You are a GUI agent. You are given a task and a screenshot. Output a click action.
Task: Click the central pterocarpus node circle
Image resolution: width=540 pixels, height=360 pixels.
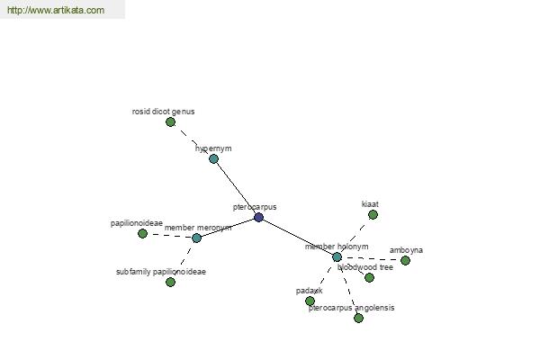pyautogui.click(x=259, y=217)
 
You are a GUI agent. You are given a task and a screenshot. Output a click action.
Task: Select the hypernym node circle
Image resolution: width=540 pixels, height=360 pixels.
pyautogui.click(x=213, y=158)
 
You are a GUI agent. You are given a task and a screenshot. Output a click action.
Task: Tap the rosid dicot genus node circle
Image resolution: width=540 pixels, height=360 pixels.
pyautogui.click(x=170, y=121)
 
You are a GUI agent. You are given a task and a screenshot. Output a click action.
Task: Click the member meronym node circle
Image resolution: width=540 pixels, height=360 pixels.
pyautogui.click(x=197, y=238)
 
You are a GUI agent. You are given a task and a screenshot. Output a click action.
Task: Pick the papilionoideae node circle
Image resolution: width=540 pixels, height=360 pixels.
pyautogui.click(x=142, y=233)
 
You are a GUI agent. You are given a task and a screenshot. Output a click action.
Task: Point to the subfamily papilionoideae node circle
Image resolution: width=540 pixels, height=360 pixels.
pyautogui.click(x=170, y=282)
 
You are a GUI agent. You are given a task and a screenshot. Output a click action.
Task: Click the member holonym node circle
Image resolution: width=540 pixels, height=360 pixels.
pyautogui.click(x=337, y=256)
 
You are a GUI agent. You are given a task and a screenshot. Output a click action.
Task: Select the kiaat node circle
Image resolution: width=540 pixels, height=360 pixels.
pyautogui.click(x=373, y=214)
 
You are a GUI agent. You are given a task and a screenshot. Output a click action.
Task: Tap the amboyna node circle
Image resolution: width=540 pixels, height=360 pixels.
pyautogui.click(x=405, y=260)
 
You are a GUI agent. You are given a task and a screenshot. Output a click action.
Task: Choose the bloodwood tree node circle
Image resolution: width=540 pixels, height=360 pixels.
pyautogui.click(x=369, y=277)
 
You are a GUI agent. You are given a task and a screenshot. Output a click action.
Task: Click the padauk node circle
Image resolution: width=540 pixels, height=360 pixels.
pyautogui.click(x=310, y=301)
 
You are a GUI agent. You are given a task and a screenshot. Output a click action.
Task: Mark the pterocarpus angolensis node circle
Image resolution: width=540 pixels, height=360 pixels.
pyautogui.click(x=358, y=318)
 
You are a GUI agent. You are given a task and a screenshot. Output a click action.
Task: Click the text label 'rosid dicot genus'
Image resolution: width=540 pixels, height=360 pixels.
pyautogui.click(x=163, y=112)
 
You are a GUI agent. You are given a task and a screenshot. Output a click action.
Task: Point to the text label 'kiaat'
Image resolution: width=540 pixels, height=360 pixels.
pyautogui.click(x=370, y=204)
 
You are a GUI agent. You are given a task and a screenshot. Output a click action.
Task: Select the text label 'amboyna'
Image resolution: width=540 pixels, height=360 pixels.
pyautogui.click(x=406, y=250)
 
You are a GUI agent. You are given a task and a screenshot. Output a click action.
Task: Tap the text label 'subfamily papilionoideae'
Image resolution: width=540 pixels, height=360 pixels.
pyautogui.click(x=161, y=272)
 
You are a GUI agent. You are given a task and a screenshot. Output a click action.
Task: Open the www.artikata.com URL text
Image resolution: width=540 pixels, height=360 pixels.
pyautogui.click(x=55, y=11)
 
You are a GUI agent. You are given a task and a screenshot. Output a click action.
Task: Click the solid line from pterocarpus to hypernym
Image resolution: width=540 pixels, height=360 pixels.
pyautogui.click(x=236, y=187)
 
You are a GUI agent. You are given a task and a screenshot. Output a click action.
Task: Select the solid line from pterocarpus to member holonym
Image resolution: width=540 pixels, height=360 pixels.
pyautogui.click(x=298, y=237)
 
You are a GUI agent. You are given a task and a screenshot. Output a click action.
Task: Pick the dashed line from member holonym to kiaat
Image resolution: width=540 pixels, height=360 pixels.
pyautogui.click(x=355, y=236)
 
